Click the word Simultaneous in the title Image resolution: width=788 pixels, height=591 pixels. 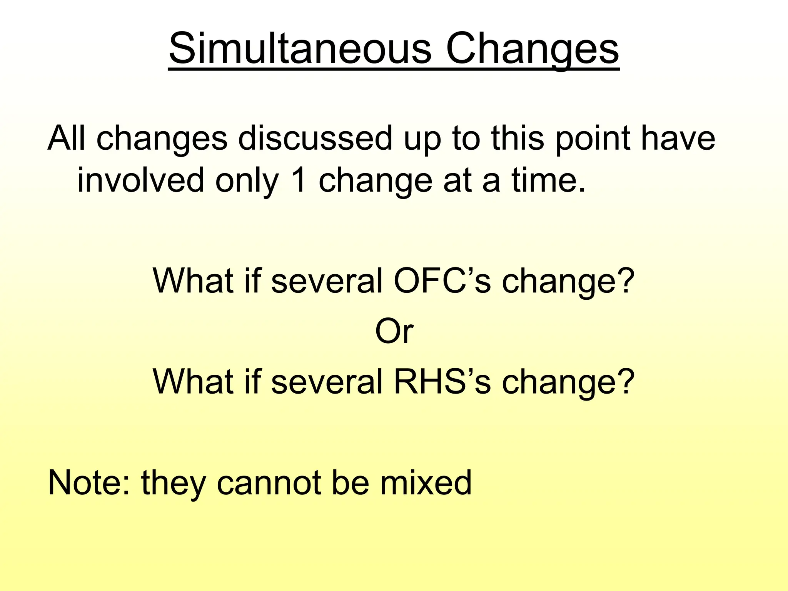(301, 49)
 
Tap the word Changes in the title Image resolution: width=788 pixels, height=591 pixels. (532, 49)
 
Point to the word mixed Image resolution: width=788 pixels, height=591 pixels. (426, 482)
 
